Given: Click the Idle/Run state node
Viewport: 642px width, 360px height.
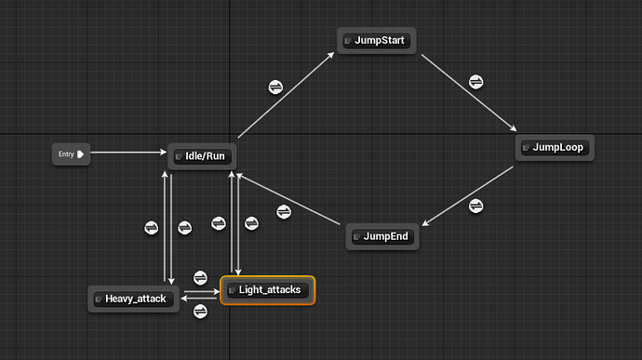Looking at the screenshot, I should pos(200,156).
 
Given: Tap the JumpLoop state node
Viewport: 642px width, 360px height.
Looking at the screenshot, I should pos(555,147).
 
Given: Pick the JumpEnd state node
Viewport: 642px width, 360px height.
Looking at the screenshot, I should pos(382,237).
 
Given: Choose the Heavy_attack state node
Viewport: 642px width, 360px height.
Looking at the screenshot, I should pos(134,299).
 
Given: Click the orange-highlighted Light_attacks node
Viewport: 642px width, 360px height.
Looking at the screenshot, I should pos(268,290).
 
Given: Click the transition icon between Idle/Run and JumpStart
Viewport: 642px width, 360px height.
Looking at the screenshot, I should pos(275,87).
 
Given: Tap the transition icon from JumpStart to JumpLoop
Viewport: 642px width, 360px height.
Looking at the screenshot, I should pos(475,81).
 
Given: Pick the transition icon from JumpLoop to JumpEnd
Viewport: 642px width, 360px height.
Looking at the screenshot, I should pos(476,206).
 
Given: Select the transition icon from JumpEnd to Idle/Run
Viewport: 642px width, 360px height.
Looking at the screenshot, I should pos(284,211).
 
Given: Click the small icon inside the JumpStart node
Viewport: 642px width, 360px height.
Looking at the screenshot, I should pos(348,41).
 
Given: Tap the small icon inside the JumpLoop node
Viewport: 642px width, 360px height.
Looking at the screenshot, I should pos(527,147).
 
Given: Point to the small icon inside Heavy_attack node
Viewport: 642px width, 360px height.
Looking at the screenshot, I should pos(99,299).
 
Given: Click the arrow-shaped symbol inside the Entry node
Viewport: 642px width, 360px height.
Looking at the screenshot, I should pos(81,154).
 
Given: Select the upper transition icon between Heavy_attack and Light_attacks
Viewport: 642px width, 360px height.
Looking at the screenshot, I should pos(199,278).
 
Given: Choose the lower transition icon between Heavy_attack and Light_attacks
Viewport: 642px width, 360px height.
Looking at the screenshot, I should pos(199,312).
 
